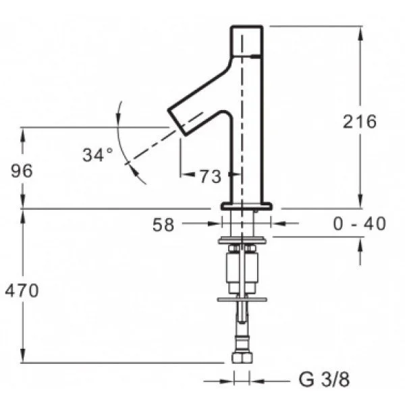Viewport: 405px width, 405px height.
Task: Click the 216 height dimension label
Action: [359, 122]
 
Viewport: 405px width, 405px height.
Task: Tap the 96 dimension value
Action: [22, 171]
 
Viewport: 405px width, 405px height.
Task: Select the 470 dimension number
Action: [22, 290]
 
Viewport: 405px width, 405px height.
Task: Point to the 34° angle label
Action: [98, 155]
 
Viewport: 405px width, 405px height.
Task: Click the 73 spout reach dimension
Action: [211, 177]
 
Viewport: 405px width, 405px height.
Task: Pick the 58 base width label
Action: [163, 225]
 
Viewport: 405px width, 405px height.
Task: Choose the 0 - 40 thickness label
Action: [360, 223]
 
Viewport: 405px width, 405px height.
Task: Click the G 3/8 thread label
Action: [324, 379]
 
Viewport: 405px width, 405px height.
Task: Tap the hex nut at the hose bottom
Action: [242, 357]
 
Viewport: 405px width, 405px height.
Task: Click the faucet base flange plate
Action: [246, 206]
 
